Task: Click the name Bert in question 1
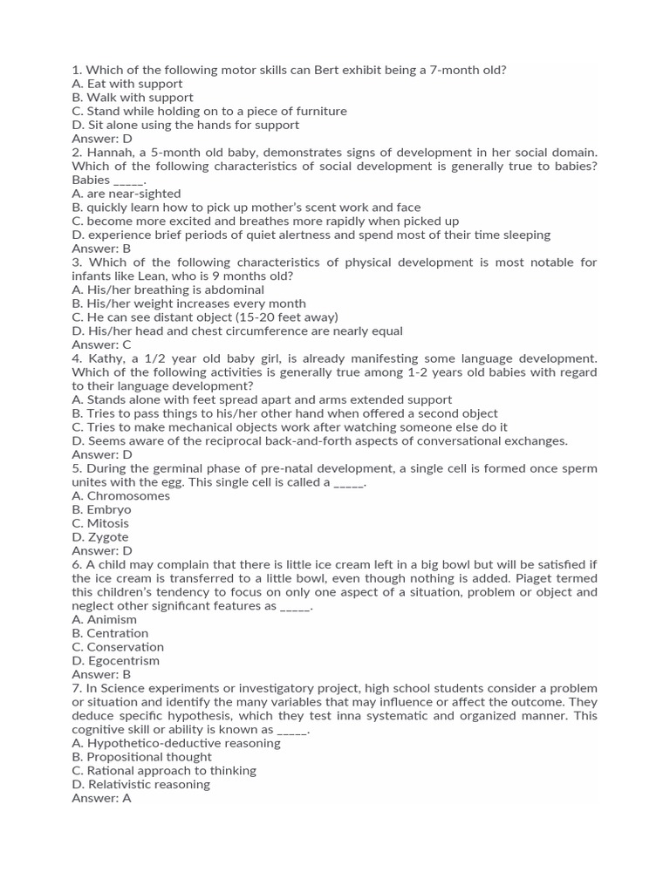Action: point(330,70)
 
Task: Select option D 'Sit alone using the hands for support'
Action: point(185,125)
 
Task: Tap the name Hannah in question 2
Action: point(109,152)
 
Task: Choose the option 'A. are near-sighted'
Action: point(126,194)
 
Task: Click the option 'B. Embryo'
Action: point(102,509)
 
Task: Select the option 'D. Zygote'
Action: point(102,537)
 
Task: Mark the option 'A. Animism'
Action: point(105,619)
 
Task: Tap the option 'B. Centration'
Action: point(110,633)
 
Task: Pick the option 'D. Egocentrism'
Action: point(116,661)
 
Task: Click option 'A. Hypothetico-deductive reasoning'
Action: point(176,743)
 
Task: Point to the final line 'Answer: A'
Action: point(101,798)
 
